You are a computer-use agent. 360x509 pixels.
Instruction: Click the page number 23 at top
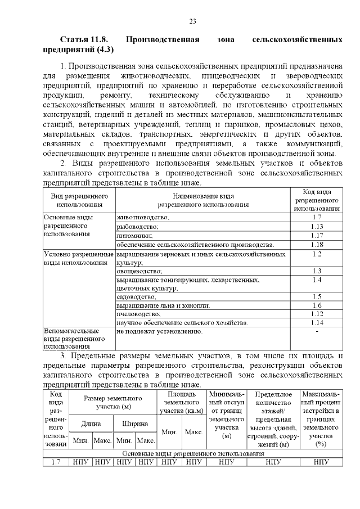192,21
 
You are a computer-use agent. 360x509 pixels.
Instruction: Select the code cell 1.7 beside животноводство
316,217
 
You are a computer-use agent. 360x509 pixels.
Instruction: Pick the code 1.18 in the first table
316,245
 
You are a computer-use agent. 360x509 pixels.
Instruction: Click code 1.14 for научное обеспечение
316,322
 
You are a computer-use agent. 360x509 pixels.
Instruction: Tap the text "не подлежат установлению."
159,331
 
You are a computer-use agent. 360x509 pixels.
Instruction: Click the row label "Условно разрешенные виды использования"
78,258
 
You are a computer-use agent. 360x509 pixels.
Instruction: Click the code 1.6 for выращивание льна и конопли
316,305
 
